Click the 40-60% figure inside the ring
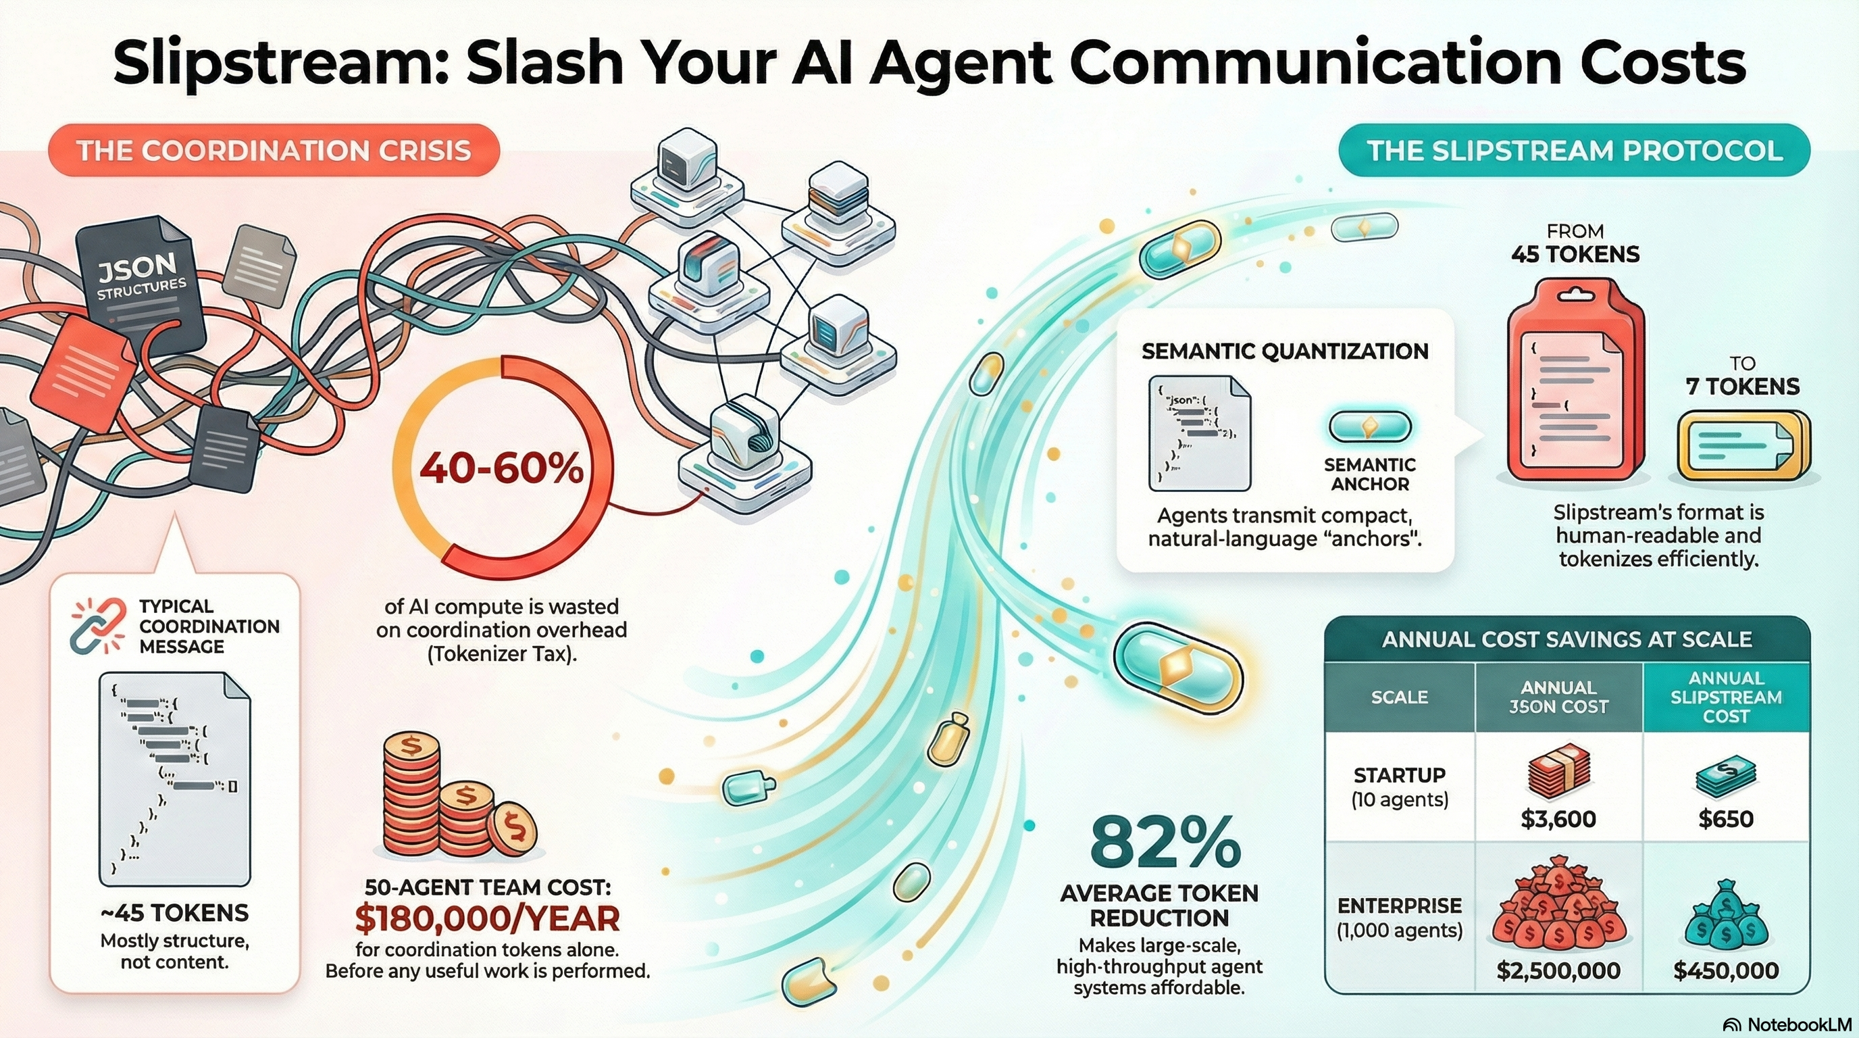[x=501, y=469]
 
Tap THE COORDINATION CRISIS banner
[x=274, y=151]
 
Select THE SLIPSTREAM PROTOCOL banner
[x=1574, y=151]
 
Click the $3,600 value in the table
[x=1558, y=818]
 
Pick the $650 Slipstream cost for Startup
[x=1725, y=818]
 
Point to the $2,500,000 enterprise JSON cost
[x=1558, y=970]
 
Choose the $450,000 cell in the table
[x=1725, y=970]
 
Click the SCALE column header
[x=1399, y=697]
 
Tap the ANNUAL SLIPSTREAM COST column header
[x=1725, y=697]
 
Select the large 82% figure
[x=1165, y=844]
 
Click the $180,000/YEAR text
[x=487, y=918]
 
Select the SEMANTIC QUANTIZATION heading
[x=1285, y=351]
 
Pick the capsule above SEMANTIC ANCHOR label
[x=1369, y=427]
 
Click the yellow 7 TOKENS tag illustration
[x=1742, y=445]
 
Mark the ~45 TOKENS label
[x=175, y=912]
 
